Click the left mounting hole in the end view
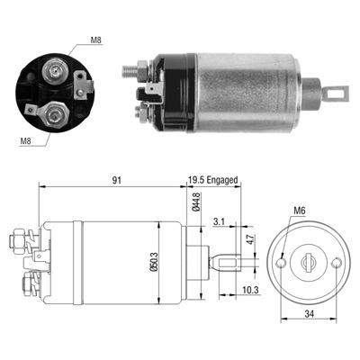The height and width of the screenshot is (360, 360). click(284, 265)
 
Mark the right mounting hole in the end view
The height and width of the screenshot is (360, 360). click(337, 263)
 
